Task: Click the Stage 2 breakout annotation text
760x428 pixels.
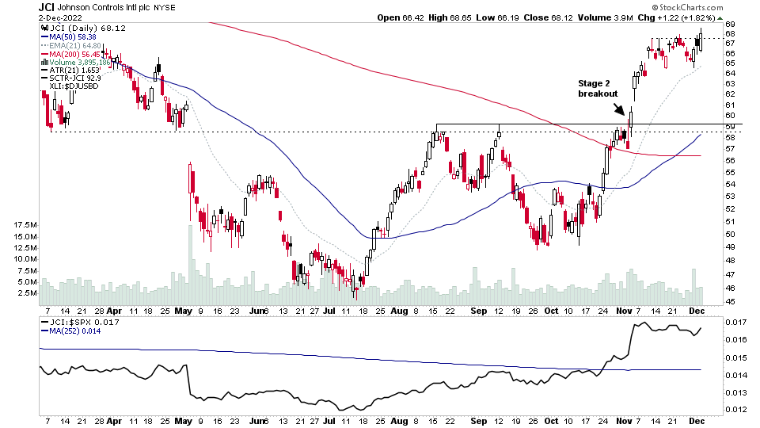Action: (598, 87)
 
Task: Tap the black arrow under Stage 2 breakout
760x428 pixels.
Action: (618, 109)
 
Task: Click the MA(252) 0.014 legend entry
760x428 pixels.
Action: (76, 331)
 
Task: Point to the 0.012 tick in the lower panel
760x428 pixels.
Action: (736, 410)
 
